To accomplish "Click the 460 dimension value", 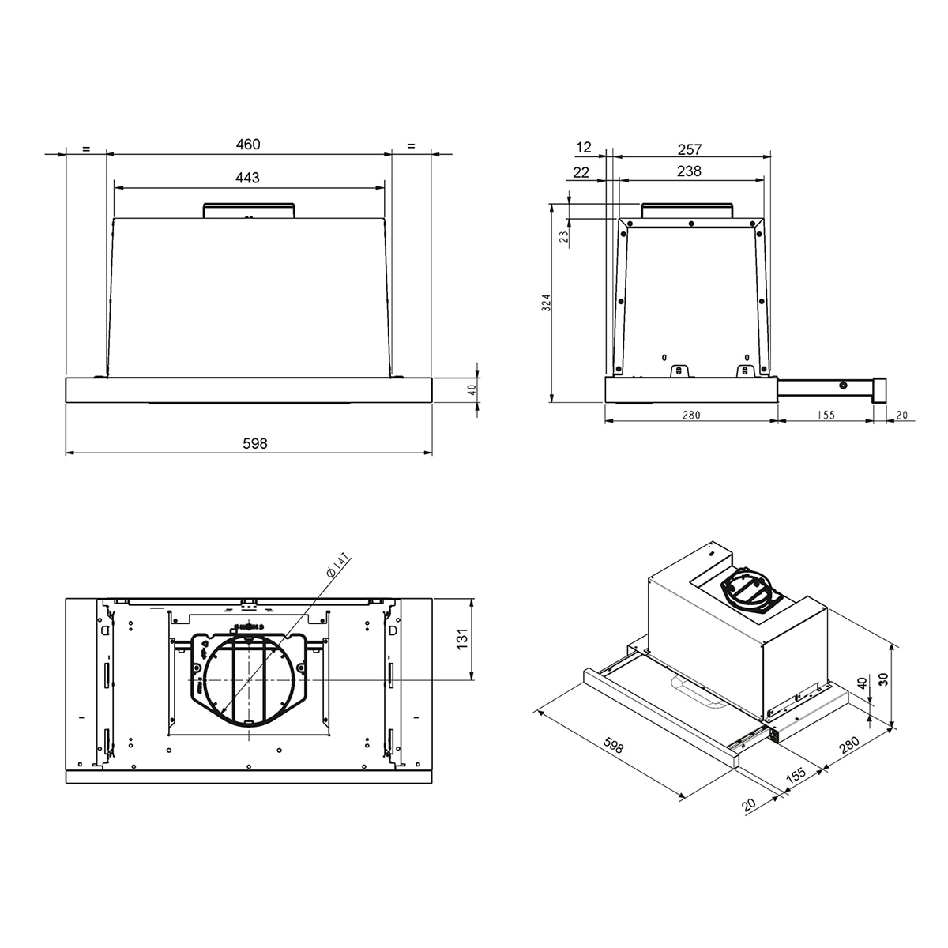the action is coord(248,145).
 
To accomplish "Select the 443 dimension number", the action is coord(247,178).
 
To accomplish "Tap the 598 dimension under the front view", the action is coord(255,444).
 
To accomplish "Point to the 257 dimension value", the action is coord(690,149).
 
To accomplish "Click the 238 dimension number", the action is coord(689,171).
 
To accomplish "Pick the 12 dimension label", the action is coord(584,147).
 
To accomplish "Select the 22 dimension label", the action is coord(581,172).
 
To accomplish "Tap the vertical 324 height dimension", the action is coord(546,303).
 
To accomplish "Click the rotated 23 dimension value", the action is coord(564,237).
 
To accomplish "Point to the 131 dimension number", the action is coord(462,639).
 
